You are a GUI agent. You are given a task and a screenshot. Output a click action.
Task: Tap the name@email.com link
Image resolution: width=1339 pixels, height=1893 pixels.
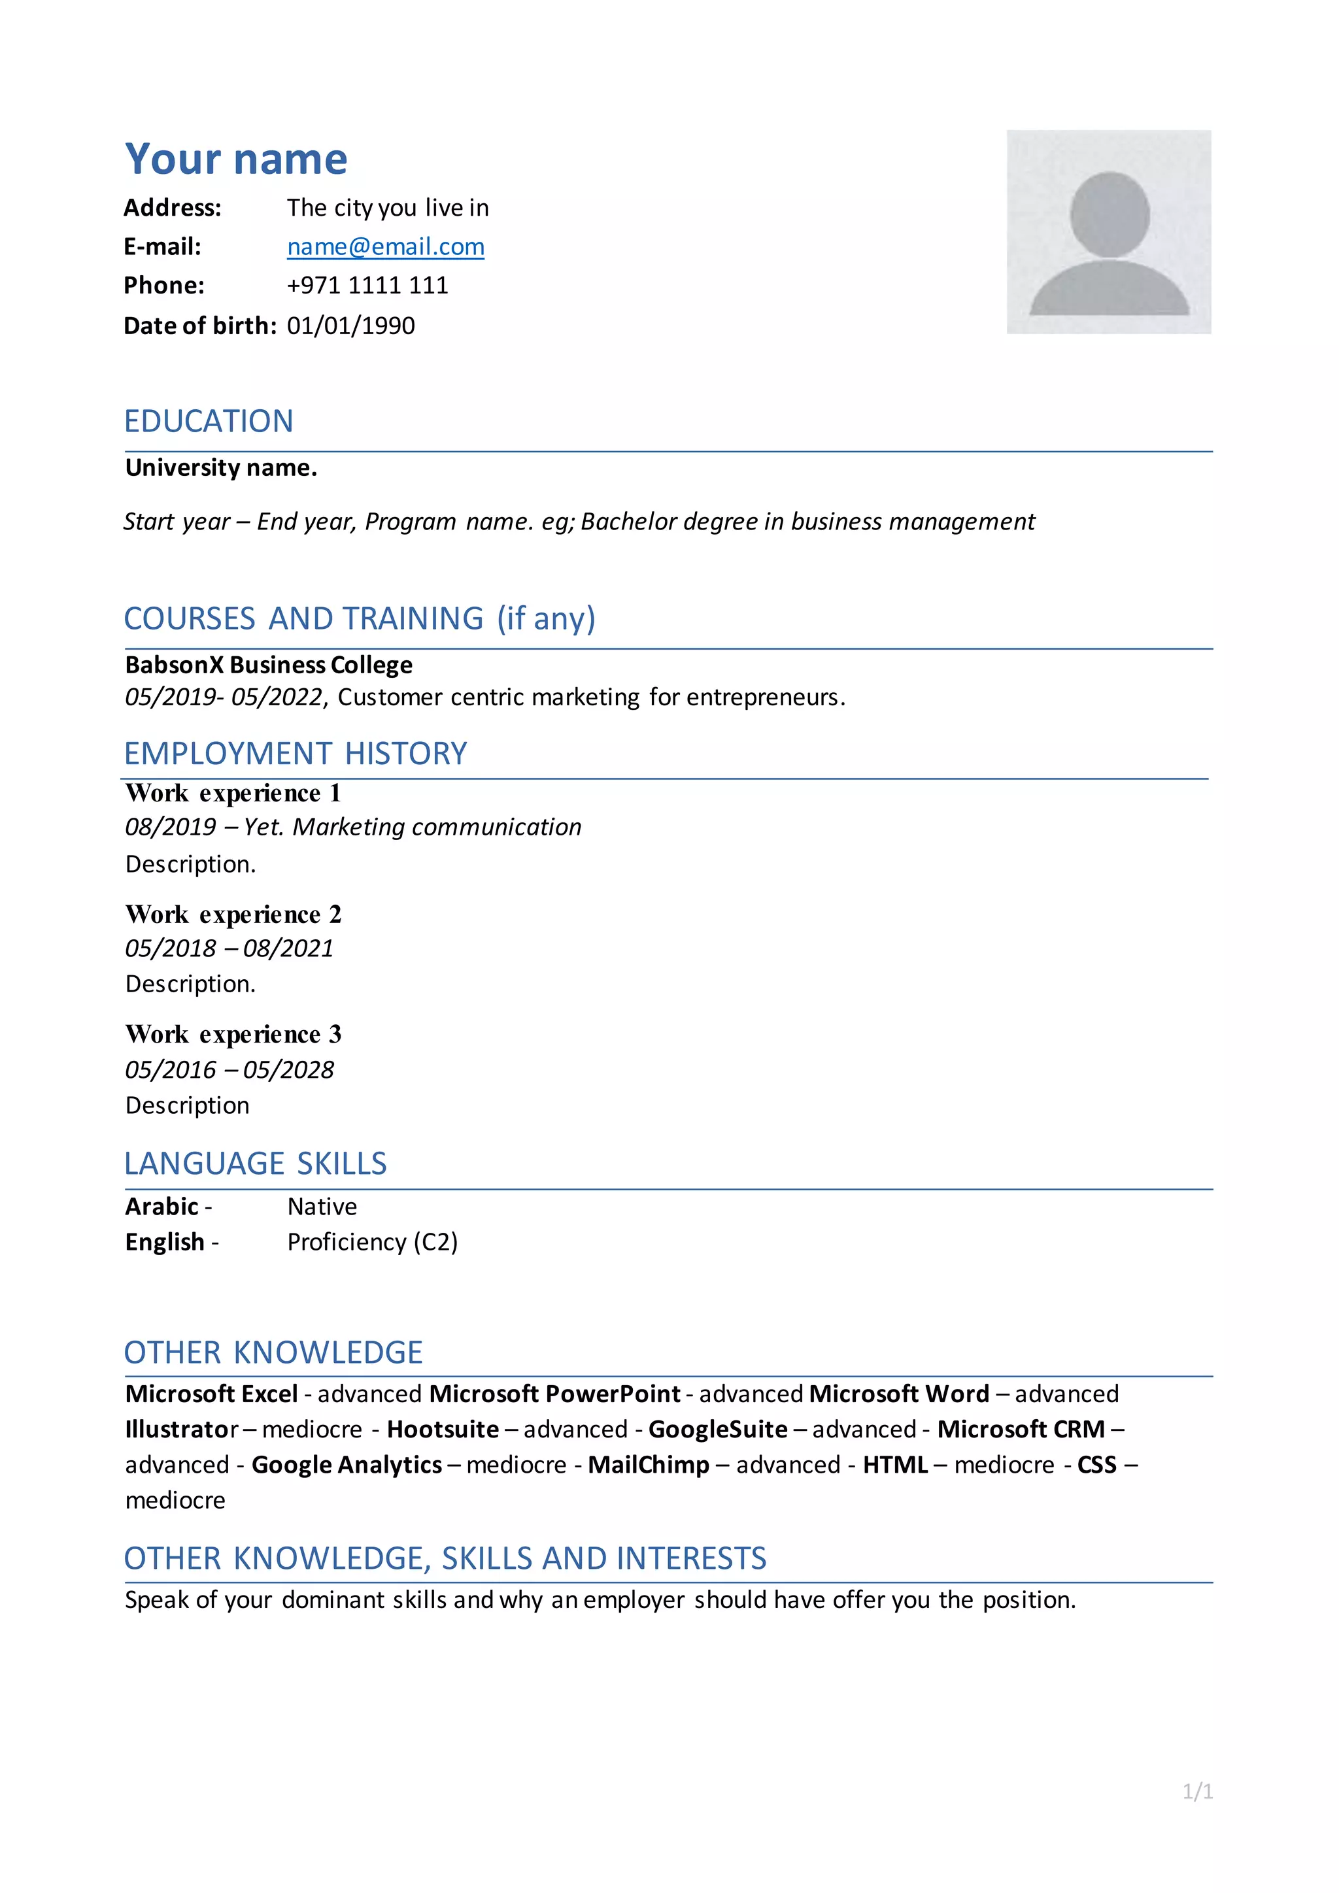coord(385,246)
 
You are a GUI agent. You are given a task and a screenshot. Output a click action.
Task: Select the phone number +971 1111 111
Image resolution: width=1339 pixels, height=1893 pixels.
coord(367,285)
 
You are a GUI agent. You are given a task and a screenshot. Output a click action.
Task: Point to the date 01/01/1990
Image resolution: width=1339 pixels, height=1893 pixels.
coord(350,326)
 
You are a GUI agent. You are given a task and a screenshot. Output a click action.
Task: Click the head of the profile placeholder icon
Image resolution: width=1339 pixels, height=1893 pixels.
coord(1109,214)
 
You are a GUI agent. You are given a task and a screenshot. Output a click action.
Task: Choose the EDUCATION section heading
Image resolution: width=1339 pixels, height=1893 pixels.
coord(209,422)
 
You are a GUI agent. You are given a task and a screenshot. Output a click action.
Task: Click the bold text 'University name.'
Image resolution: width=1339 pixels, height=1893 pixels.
coord(221,467)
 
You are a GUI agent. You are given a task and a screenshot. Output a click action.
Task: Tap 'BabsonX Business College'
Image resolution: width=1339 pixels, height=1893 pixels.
coord(269,665)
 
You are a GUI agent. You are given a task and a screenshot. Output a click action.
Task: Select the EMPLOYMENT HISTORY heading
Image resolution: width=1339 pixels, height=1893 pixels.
coord(295,754)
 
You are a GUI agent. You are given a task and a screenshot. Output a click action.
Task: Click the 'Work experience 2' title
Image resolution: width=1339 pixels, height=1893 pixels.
coord(233,914)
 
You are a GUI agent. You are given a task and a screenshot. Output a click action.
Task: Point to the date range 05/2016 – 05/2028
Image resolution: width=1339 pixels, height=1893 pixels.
coord(229,1069)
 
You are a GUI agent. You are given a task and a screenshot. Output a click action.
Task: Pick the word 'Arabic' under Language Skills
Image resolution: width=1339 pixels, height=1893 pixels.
coord(161,1206)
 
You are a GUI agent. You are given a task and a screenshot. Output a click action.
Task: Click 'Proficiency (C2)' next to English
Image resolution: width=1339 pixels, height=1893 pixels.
coord(372,1242)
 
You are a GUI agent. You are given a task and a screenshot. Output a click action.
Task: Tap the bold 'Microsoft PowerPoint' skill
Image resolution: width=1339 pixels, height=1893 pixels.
coord(555,1394)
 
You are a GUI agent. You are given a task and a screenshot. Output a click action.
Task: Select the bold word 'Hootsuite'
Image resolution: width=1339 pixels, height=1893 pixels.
coord(443,1429)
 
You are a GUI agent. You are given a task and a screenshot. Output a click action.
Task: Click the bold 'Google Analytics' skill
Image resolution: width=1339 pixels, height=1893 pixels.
coord(347,1464)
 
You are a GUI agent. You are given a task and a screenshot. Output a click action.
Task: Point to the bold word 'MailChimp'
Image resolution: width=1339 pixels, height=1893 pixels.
coord(648,1464)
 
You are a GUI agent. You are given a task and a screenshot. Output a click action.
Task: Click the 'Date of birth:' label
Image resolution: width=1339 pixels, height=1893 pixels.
coord(199,326)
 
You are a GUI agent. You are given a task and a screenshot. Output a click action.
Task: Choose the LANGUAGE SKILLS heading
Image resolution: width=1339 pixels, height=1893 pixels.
coord(255,1164)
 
